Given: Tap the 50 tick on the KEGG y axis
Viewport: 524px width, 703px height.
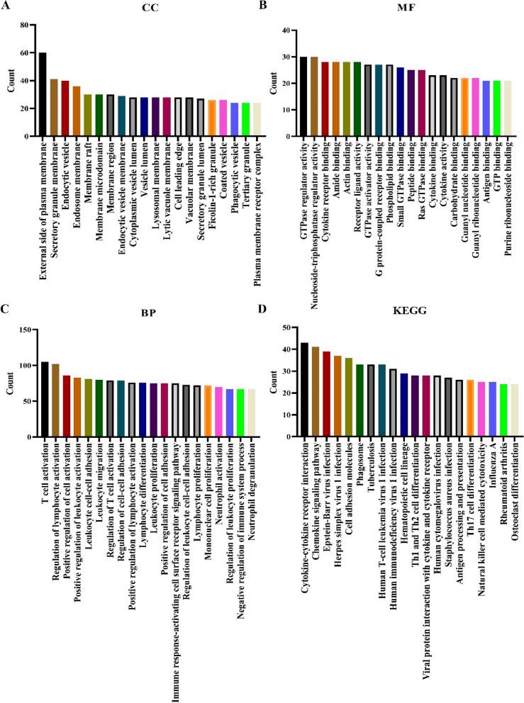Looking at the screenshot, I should [x=283, y=327].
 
